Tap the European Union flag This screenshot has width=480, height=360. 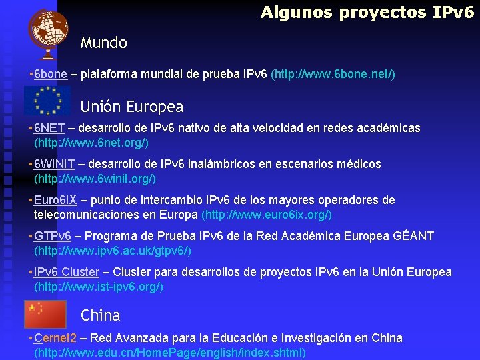pos(47,101)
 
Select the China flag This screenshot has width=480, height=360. pos(45,314)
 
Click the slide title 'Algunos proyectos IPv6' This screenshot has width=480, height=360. pos(367,12)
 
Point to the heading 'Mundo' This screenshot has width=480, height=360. pos(103,43)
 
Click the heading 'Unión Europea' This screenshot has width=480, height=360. pos(131,107)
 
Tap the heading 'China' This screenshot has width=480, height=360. pos(100,315)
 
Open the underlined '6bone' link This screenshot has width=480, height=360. pos(51,75)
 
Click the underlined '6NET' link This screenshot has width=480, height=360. pos(49,128)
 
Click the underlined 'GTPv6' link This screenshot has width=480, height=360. pos(53,236)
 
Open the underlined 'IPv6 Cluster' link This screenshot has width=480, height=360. pos(66,272)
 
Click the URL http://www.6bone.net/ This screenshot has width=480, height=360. pos(333,75)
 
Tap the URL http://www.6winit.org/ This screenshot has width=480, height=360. pos(95,179)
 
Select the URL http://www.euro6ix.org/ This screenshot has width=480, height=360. pos(266,215)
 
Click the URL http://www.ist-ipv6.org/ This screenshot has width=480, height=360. pos(98,287)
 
